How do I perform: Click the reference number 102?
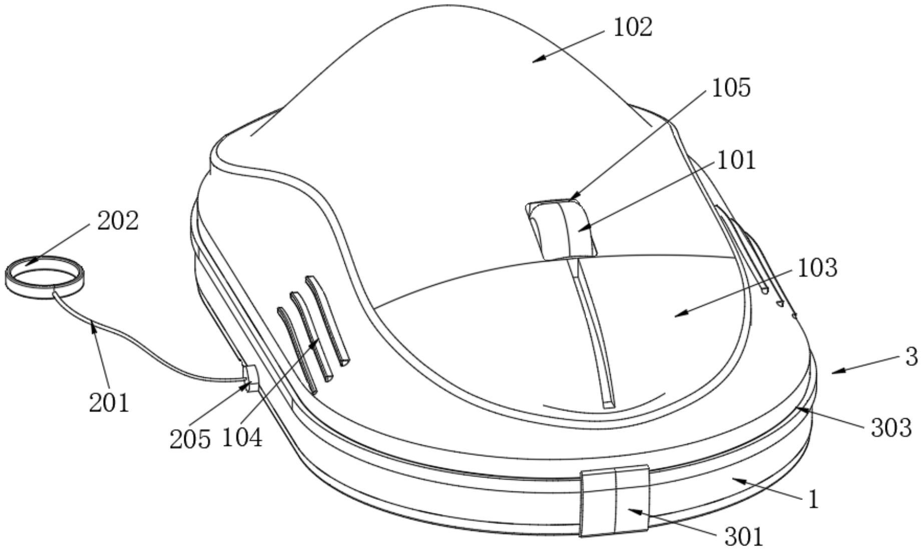[633, 28]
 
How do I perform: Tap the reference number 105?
[731, 88]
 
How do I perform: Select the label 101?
[736, 161]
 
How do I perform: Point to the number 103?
[817, 268]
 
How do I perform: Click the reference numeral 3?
[912, 357]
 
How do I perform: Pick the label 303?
[891, 428]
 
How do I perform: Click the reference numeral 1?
[813, 499]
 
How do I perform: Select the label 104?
[242, 438]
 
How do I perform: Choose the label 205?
[190, 439]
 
